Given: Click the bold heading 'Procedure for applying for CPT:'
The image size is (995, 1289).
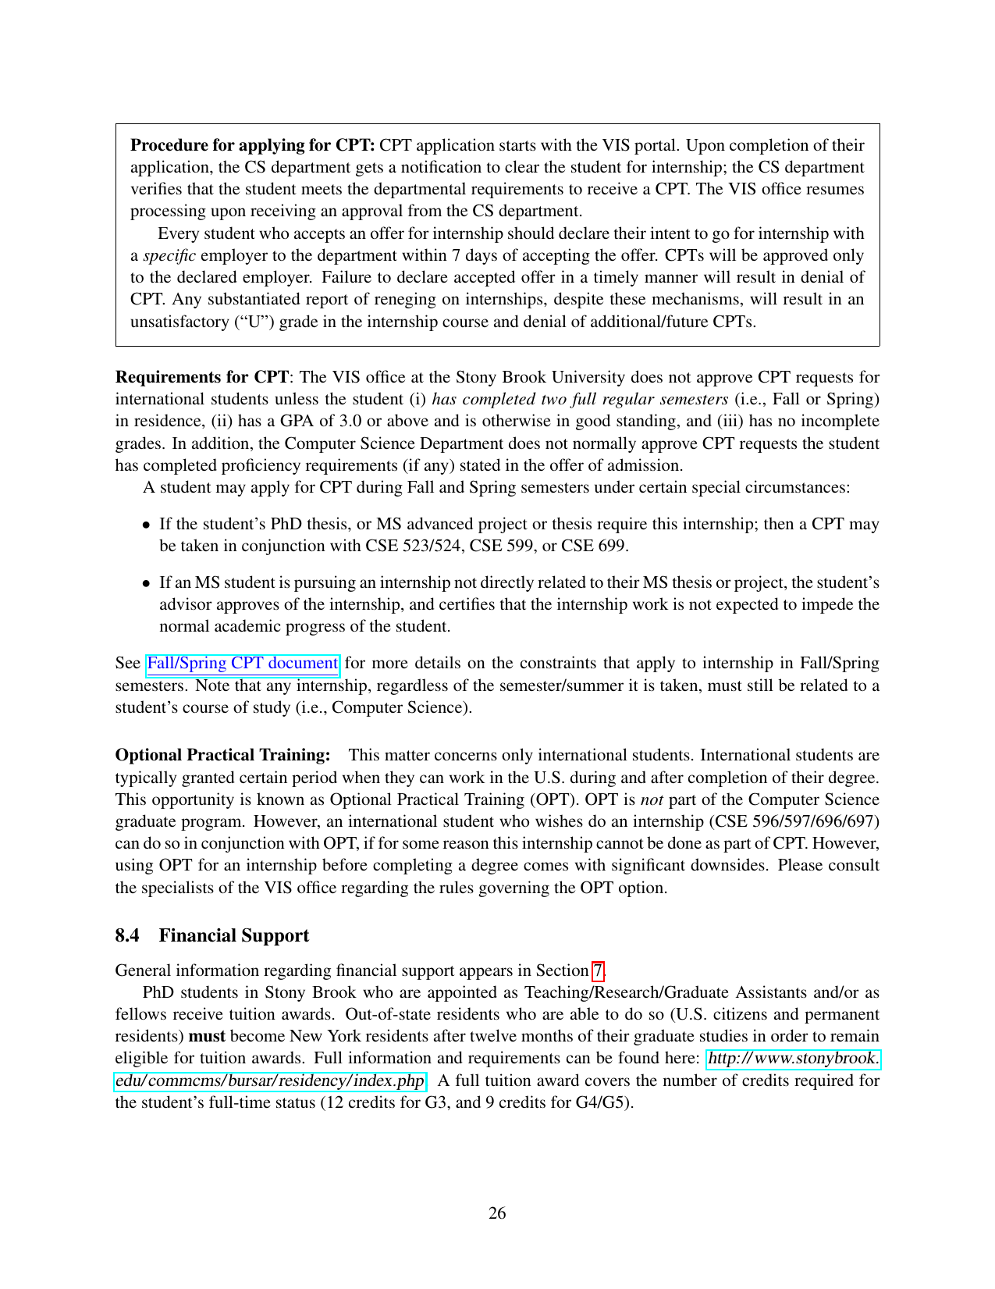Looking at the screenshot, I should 253,145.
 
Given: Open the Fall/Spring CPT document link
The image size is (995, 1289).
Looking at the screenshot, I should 242,664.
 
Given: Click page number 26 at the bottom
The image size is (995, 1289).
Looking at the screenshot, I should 497,1212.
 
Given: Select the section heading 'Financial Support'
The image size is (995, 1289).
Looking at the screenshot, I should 233,935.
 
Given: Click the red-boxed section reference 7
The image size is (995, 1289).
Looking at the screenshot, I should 598,970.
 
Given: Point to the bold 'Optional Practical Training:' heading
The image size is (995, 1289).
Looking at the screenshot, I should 222,755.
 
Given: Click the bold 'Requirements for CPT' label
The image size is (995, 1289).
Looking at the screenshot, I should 202,377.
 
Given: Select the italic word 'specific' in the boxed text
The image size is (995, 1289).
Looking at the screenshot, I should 169,255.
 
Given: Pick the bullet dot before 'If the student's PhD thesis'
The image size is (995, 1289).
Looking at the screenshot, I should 146,525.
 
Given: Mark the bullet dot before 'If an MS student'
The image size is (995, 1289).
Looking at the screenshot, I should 146,583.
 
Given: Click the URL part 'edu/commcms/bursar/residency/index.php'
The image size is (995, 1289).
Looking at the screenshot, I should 269,1081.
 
